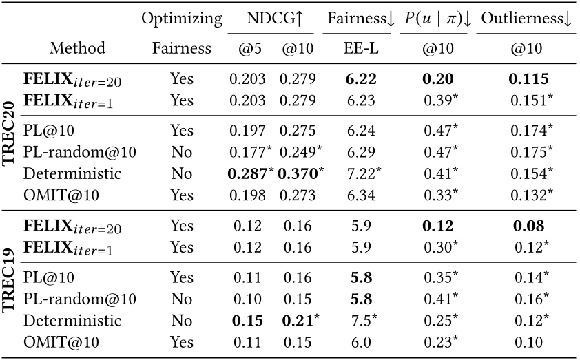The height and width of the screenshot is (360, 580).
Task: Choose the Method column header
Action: coord(77,48)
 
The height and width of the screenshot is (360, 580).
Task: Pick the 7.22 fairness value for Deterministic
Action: coord(359,173)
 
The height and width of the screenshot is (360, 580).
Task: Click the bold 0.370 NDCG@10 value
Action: coord(299,173)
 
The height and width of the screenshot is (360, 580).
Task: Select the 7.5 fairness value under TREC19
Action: coord(358,320)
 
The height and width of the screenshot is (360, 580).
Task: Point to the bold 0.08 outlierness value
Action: coord(528,225)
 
